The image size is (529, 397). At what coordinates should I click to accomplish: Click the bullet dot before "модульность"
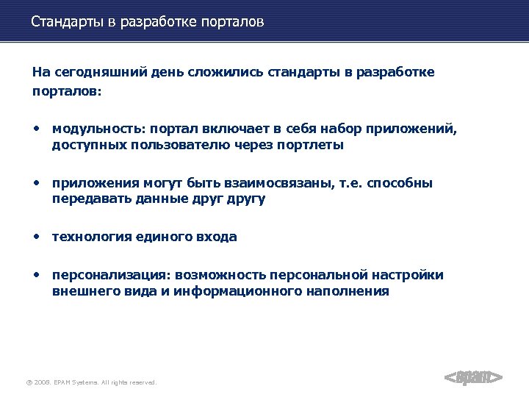coord(35,129)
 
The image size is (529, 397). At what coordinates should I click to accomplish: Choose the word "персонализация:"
coord(109,275)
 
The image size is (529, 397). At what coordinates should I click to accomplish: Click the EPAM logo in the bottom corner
coord(474,377)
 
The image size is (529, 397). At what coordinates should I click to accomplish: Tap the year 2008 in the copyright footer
coord(41,382)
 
